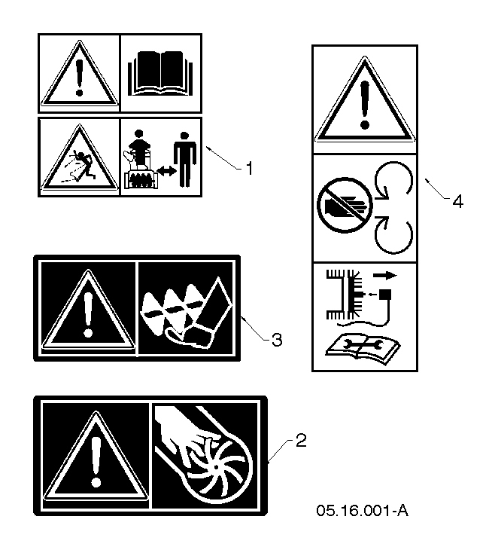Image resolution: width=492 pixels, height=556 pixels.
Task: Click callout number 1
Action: [250, 168]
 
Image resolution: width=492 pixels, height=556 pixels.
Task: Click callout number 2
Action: [300, 441]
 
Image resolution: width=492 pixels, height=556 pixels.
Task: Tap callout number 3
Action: [277, 340]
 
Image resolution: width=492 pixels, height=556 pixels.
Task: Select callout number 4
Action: [457, 202]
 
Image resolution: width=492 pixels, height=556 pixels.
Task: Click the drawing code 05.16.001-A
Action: [362, 511]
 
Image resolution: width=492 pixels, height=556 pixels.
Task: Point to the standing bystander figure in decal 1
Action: [185, 160]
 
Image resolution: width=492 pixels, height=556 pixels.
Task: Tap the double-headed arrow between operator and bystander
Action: [166, 171]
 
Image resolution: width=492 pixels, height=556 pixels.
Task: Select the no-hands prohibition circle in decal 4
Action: [345, 206]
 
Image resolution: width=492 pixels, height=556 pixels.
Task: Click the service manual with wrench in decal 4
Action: [363, 348]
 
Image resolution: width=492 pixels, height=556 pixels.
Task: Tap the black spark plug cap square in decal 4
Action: [385, 295]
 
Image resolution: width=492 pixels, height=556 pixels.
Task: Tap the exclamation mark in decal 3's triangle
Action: [88, 316]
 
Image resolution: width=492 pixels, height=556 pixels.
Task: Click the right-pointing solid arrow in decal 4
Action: [385, 275]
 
